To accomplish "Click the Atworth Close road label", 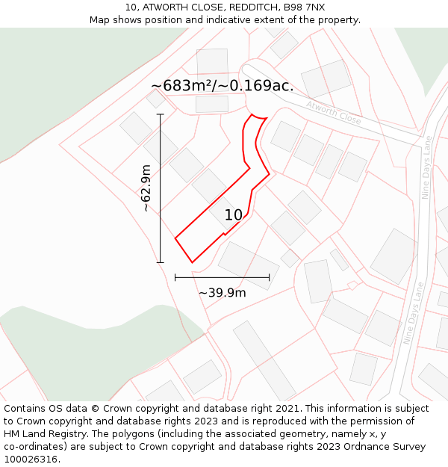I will pos(333,113).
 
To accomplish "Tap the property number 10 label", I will pos(234,215).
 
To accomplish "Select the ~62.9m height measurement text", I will pos(146,188).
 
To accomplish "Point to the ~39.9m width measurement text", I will pos(222,293).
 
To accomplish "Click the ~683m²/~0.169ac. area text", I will pos(222,86).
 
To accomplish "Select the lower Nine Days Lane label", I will pos(414,312).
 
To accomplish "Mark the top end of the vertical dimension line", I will pos(161,114).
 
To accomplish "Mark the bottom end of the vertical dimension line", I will pos(161,262).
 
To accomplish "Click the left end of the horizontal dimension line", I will pos(175,278).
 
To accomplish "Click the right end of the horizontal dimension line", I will pos(270,278).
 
